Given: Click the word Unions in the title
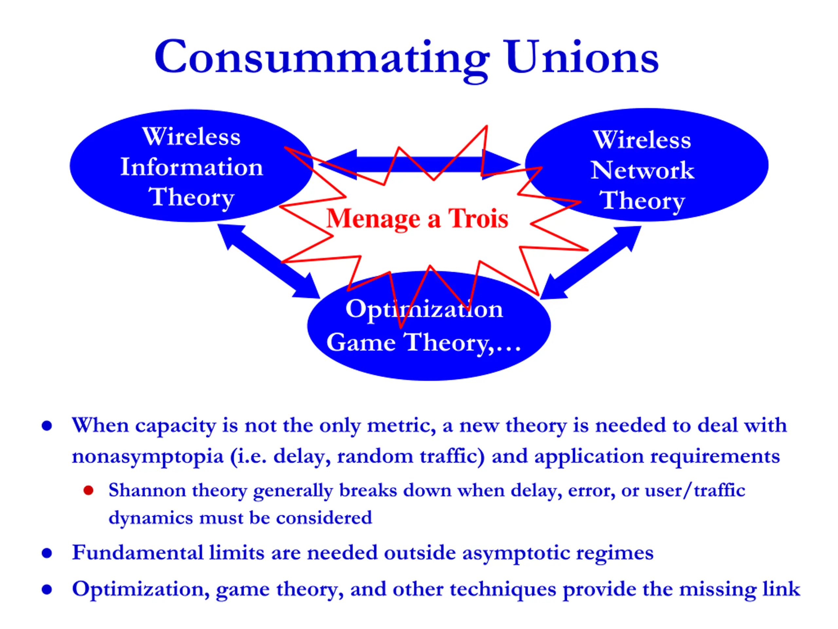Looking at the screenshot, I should click(582, 58).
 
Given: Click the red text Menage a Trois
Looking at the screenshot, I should click(417, 219).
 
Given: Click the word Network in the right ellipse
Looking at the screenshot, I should click(642, 170).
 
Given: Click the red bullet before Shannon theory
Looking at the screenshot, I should click(88, 490).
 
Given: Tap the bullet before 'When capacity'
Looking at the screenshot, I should click(46, 426).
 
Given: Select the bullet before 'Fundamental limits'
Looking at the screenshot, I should click(46, 553).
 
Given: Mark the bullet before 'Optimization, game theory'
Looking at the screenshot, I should click(46, 590).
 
